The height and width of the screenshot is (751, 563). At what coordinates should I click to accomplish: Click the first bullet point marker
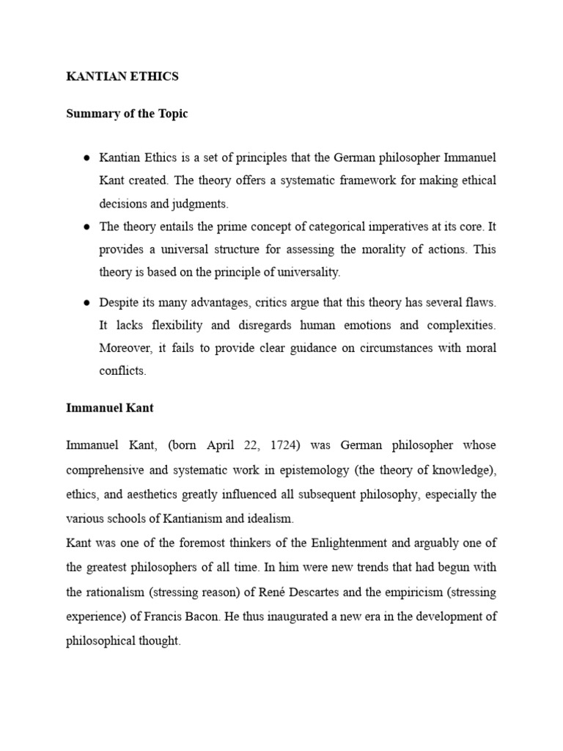[x=87, y=158]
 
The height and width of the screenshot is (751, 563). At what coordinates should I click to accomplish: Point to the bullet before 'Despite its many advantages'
[x=87, y=302]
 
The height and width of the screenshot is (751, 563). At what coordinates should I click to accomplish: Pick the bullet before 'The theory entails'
[x=87, y=227]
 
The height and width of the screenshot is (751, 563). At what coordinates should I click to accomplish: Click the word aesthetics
[x=150, y=494]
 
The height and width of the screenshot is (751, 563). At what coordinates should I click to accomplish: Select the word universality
[x=305, y=272]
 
